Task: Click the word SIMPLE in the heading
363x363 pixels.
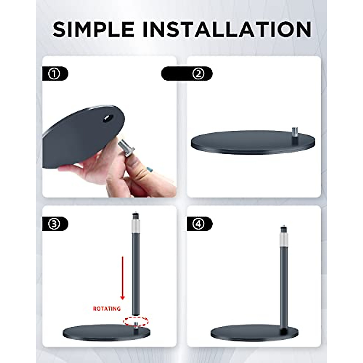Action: click(93, 30)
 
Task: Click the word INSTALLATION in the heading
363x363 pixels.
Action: click(227, 30)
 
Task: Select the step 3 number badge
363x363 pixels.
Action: click(54, 224)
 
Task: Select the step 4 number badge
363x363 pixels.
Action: click(199, 224)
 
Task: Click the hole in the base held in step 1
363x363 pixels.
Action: click(108, 118)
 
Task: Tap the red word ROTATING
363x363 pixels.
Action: click(106, 309)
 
